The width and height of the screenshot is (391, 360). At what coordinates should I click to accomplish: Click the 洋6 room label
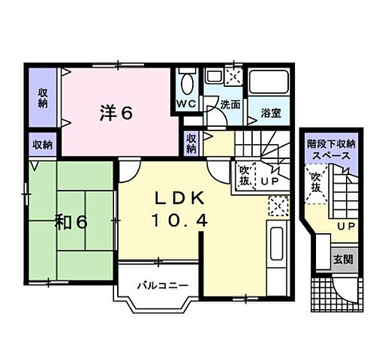point(116,113)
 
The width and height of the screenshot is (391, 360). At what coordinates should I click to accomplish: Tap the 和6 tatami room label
point(71,222)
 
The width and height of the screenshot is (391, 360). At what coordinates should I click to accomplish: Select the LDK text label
point(179,199)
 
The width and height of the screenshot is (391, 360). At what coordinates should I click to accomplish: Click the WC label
point(186,103)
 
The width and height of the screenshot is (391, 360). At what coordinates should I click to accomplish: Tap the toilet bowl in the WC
point(186,83)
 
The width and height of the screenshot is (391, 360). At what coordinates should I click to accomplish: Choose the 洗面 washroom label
point(230,105)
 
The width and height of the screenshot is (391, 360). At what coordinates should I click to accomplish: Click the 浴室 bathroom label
point(271,113)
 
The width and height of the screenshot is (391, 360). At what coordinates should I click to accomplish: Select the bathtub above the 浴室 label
point(269,82)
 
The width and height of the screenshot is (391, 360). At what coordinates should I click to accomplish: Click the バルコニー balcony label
point(163,285)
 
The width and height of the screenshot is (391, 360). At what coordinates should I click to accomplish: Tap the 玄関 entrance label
point(343,260)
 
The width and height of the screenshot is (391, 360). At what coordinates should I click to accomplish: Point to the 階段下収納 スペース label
point(331,150)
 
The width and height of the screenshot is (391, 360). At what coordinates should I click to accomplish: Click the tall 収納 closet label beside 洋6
point(43,97)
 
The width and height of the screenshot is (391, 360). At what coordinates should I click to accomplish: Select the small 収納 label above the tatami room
point(43,145)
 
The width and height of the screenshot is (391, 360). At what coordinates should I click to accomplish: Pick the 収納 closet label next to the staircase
point(191,143)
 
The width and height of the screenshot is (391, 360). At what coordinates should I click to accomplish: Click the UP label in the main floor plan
point(270,181)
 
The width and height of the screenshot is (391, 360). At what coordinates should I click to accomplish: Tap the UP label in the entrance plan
point(346,226)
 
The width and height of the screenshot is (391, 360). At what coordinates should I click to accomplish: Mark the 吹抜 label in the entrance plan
point(316,183)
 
